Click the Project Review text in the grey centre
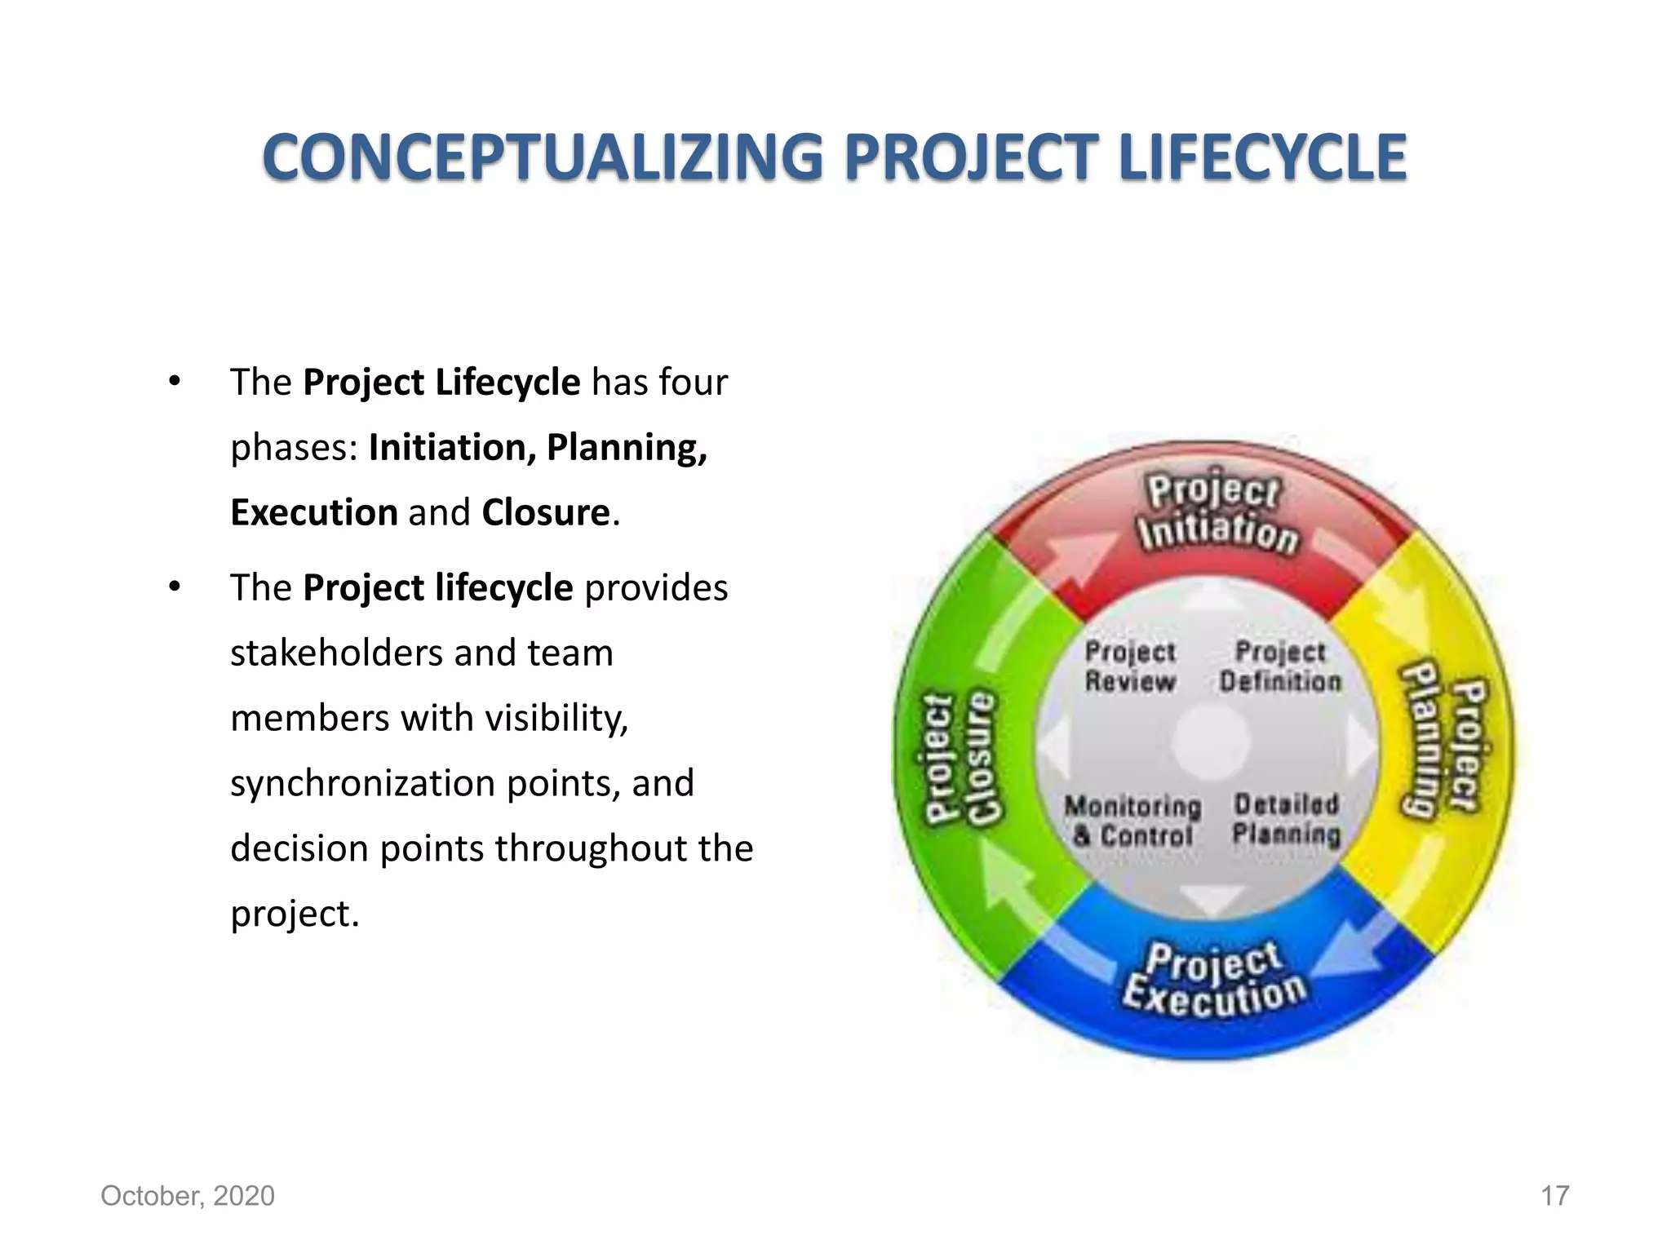(1130, 666)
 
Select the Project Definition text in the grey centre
(1280, 666)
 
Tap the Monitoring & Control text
(1132, 821)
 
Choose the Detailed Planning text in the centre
(1287, 819)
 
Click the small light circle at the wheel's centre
(1211, 742)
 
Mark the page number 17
(1554, 1196)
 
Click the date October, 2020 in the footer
(188, 1196)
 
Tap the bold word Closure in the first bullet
(546, 512)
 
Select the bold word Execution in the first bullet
(314, 512)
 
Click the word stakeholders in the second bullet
(336, 653)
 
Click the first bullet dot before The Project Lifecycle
(174, 382)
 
